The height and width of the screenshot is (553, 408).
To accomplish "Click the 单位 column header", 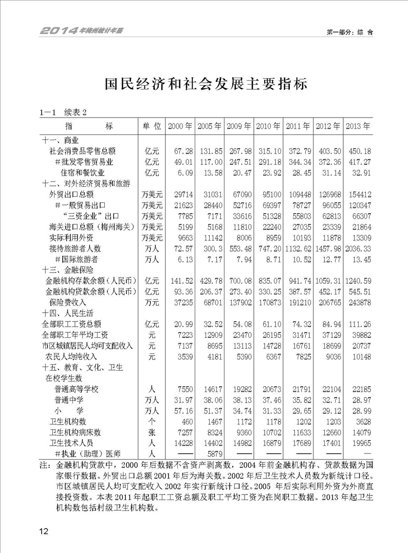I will pos(152,126).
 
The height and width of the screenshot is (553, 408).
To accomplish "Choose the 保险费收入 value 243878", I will pos(359,302).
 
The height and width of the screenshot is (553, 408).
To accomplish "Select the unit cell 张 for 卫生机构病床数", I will pos(152,432).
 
